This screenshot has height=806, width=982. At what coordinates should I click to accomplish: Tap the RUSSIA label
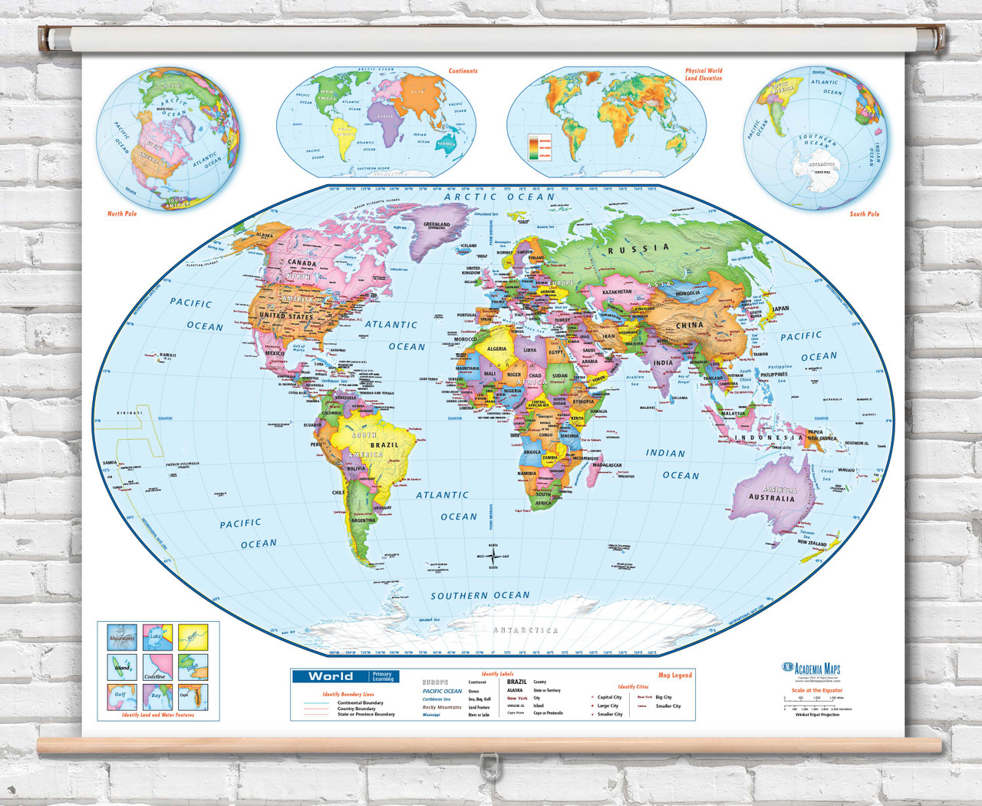(638, 249)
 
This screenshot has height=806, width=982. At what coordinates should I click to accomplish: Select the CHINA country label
(689, 325)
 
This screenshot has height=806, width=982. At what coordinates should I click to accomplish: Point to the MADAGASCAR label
(607, 465)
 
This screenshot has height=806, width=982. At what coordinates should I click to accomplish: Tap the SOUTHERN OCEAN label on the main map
(479, 596)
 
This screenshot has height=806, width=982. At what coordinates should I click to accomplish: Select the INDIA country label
(663, 362)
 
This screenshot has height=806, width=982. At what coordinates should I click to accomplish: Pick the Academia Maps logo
(811, 668)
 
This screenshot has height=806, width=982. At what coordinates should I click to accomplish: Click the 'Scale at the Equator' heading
(816, 690)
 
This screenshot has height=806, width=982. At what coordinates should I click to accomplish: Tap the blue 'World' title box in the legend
(331, 676)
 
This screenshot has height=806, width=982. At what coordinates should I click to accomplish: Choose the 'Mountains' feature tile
(122, 638)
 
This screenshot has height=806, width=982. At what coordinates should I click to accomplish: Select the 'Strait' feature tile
(193, 667)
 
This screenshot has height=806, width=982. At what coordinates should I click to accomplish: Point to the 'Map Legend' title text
(675, 676)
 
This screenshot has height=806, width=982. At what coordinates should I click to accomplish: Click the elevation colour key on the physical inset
(539, 147)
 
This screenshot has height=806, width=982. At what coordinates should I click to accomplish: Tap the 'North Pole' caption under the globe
(122, 213)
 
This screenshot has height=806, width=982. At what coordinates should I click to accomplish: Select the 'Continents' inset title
(463, 71)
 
